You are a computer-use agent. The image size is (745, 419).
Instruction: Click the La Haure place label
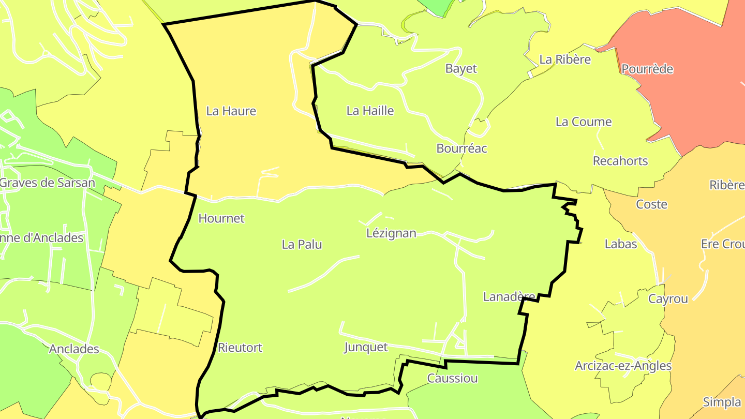(x=231, y=111)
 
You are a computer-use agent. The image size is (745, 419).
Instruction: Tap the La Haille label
(x=370, y=111)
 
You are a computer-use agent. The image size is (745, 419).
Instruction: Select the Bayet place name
(x=461, y=69)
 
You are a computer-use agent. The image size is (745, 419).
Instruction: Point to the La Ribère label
(x=565, y=59)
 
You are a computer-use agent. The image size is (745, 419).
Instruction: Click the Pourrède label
(x=647, y=69)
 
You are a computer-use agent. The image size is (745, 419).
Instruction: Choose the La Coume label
(x=584, y=122)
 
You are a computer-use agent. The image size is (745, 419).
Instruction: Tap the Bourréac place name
(x=462, y=148)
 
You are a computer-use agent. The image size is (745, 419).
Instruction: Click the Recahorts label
(x=620, y=161)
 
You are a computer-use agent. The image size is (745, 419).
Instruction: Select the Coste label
(x=651, y=204)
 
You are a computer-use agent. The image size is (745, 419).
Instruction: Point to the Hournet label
(x=221, y=218)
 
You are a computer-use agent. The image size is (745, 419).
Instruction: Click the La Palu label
(x=302, y=244)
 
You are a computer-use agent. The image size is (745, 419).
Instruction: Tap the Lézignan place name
(x=391, y=233)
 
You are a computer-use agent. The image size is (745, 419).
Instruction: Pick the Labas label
(x=621, y=244)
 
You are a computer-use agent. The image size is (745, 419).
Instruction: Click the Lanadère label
(x=509, y=297)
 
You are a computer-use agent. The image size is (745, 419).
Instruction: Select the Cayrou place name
(x=668, y=299)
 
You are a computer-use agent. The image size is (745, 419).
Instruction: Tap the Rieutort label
(x=240, y=348)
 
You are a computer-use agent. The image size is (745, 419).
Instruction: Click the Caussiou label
(x=452, y=378)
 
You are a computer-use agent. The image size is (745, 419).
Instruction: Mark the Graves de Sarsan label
(x=47, y=183)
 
